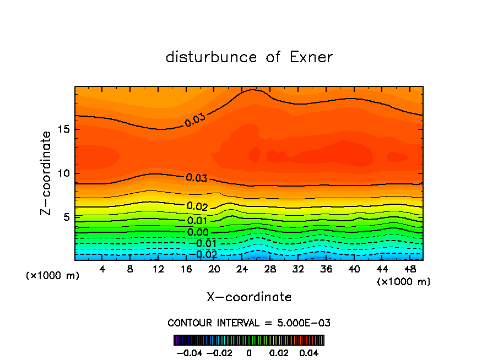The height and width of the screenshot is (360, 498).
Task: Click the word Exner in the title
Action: pos(311,57)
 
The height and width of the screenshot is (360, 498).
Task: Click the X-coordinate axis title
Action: pos(249,297)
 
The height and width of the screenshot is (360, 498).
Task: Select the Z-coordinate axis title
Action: pos(47,173)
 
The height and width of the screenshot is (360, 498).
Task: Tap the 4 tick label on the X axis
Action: pos(102,269)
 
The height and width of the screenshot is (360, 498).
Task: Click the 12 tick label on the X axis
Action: pos(158,269)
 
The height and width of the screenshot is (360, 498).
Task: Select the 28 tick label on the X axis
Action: pos(270,269)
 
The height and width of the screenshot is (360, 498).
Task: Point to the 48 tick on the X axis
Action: pos(410,269)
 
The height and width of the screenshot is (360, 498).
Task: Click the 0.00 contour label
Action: pos(198,232)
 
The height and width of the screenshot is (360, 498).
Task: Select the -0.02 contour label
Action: pos(205,255)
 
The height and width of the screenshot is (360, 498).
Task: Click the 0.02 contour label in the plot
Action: pos(197,206)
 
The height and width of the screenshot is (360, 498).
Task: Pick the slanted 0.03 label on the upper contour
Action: pos(195,119)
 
